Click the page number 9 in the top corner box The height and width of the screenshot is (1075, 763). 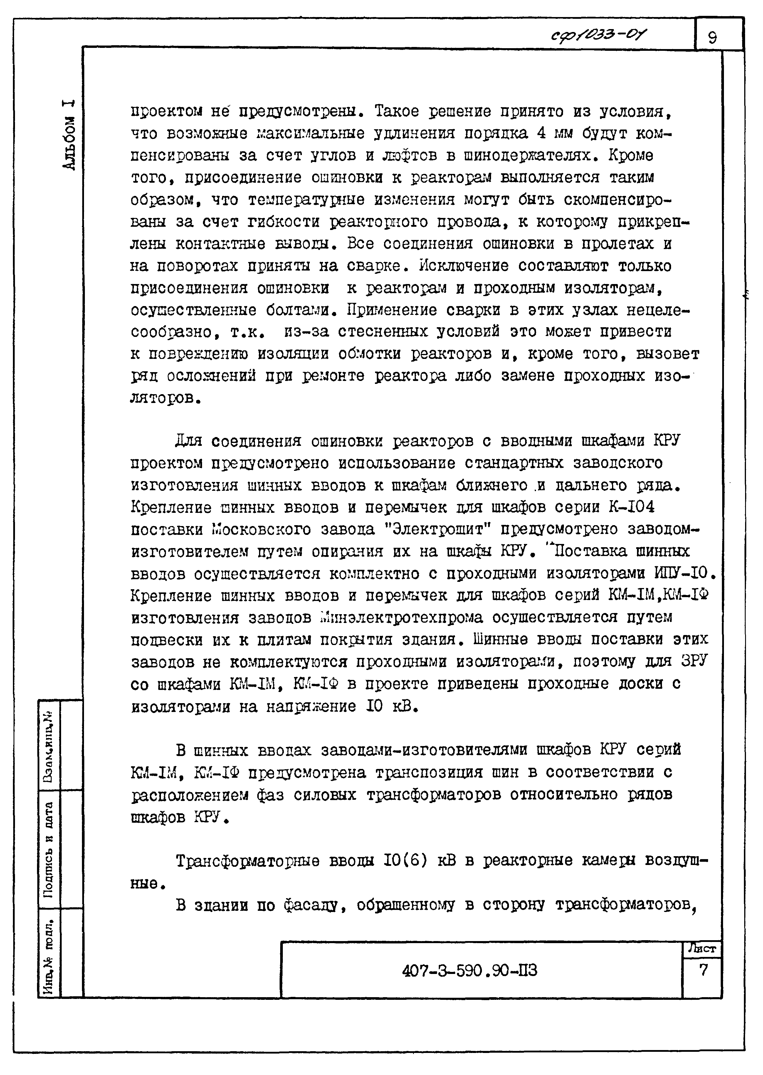(x=712, y=37)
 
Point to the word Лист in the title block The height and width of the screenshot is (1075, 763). (x=701, y=948)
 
